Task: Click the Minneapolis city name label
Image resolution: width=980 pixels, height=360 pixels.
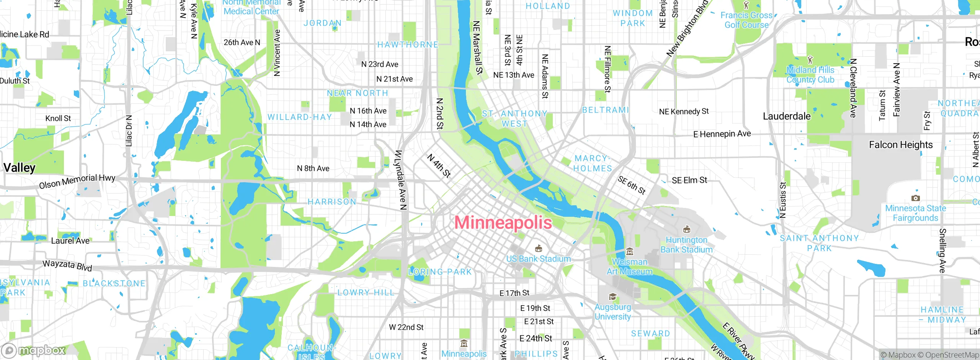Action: coord(503,223)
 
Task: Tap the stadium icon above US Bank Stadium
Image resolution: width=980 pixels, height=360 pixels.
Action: coord(539,249)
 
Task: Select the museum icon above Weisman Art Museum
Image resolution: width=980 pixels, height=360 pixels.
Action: coord(630,252)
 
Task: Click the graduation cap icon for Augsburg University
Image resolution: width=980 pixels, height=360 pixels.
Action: coord(612,297)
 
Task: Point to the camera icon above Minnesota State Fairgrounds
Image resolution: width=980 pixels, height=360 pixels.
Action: coord(915,198)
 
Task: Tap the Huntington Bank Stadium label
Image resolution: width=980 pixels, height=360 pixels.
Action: coord(686,245)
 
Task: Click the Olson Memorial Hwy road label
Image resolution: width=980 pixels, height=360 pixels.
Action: coord(77,181)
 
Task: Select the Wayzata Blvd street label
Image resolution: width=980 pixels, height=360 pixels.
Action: coord(67,265)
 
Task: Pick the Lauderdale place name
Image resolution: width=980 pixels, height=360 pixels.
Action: coord(787,116)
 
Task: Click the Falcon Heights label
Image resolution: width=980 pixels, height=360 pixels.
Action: coord(901,145)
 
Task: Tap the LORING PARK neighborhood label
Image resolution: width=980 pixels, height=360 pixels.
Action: coord(440,272)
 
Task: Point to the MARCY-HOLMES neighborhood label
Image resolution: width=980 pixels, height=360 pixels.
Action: coord(592,164)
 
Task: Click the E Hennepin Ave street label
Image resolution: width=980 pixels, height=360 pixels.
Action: coord(722,134)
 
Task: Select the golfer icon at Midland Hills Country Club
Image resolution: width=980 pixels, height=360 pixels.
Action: coord(810,60)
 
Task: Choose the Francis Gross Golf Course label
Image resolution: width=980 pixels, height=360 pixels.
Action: coord(746,20)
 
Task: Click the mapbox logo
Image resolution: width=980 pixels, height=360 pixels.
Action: coord(34,350)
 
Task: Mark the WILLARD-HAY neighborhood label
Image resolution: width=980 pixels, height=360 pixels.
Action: coord(300,117)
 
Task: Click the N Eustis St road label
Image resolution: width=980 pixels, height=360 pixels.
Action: coord(783,200)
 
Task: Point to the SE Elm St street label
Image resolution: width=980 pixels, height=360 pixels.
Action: coord(689,180)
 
